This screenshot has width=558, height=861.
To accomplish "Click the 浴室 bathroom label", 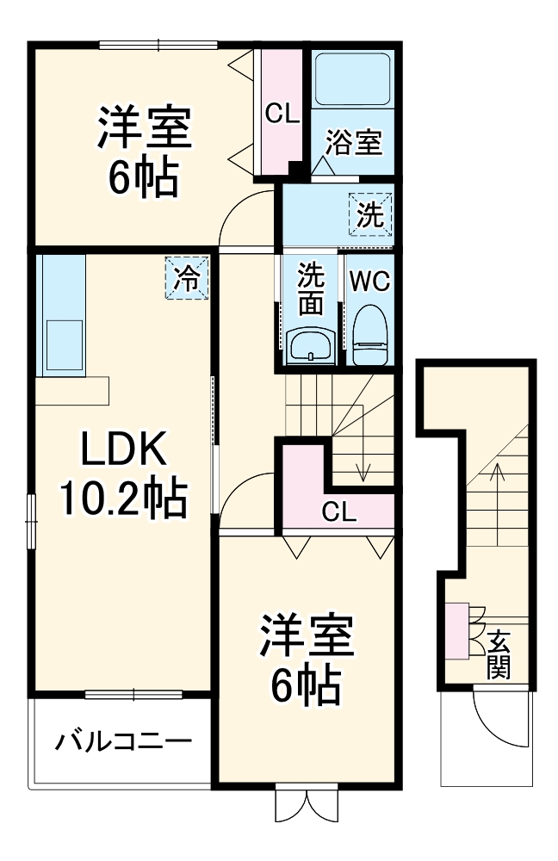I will coord(353,143).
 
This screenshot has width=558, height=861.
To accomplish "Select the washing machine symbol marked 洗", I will coord(370,212).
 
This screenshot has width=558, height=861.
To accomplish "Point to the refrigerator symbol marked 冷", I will coord(188,278).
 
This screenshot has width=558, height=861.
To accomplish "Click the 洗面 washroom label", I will coord(310,288).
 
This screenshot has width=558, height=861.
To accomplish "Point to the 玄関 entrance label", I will coord(499,653).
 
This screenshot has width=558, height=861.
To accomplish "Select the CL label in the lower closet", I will coord(338,511).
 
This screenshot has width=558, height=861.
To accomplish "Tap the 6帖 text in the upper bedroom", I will coord(143,178).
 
